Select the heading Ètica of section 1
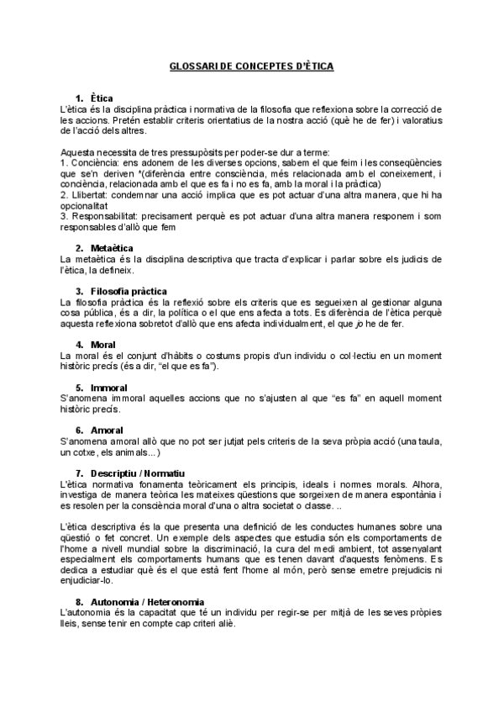click(102, 99)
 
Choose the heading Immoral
click(108, 388)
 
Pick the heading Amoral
click(107, 430)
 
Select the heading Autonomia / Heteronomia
click(146, 602)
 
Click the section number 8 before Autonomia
click(78, 602)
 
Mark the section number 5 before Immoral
click(78, 388)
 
